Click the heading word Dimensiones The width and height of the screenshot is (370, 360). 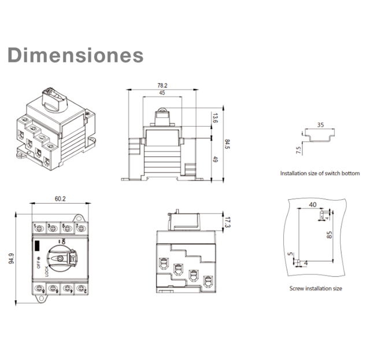point(76,56)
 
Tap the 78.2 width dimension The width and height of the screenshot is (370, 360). point(162,85)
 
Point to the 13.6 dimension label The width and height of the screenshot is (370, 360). point(215,119)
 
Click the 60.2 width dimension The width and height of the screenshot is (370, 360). point(60,199)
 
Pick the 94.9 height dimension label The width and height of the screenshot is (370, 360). point(12,258)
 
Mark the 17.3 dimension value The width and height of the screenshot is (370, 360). point(227,221)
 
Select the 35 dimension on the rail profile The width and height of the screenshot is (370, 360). point(320,124)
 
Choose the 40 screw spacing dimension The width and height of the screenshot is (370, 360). point(313,204)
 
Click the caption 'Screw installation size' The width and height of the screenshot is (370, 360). point(316,288)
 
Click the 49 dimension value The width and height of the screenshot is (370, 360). point(215,159)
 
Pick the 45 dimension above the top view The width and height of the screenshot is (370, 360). point(162,93)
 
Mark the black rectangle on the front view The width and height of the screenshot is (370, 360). point(38,245)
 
